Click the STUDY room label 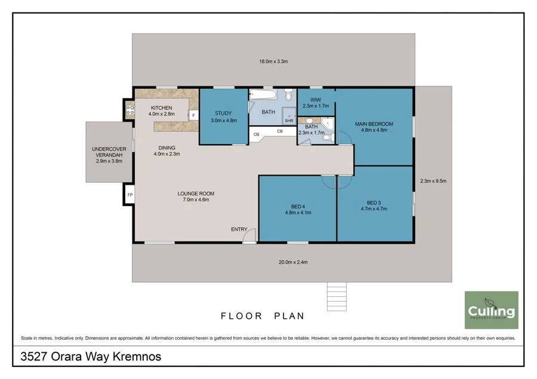[223, 113]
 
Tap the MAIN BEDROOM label [374, 124]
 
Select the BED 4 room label [298, 207]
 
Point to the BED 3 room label [374, 203]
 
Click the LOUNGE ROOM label [196, 194]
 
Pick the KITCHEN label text [161, 108]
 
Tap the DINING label [167, 148]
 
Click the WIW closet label [316, 100]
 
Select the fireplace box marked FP [129, 195]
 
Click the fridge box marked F [193, 115]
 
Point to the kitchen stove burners [130, 110]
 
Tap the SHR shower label [289, 121]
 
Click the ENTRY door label [239, 229]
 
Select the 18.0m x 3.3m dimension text [273, 61]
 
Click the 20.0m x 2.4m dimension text [293, 262]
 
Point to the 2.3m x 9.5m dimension [433, 181]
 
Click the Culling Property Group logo [492, 310]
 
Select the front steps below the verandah [337, 297]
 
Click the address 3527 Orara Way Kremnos [91, 356]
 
